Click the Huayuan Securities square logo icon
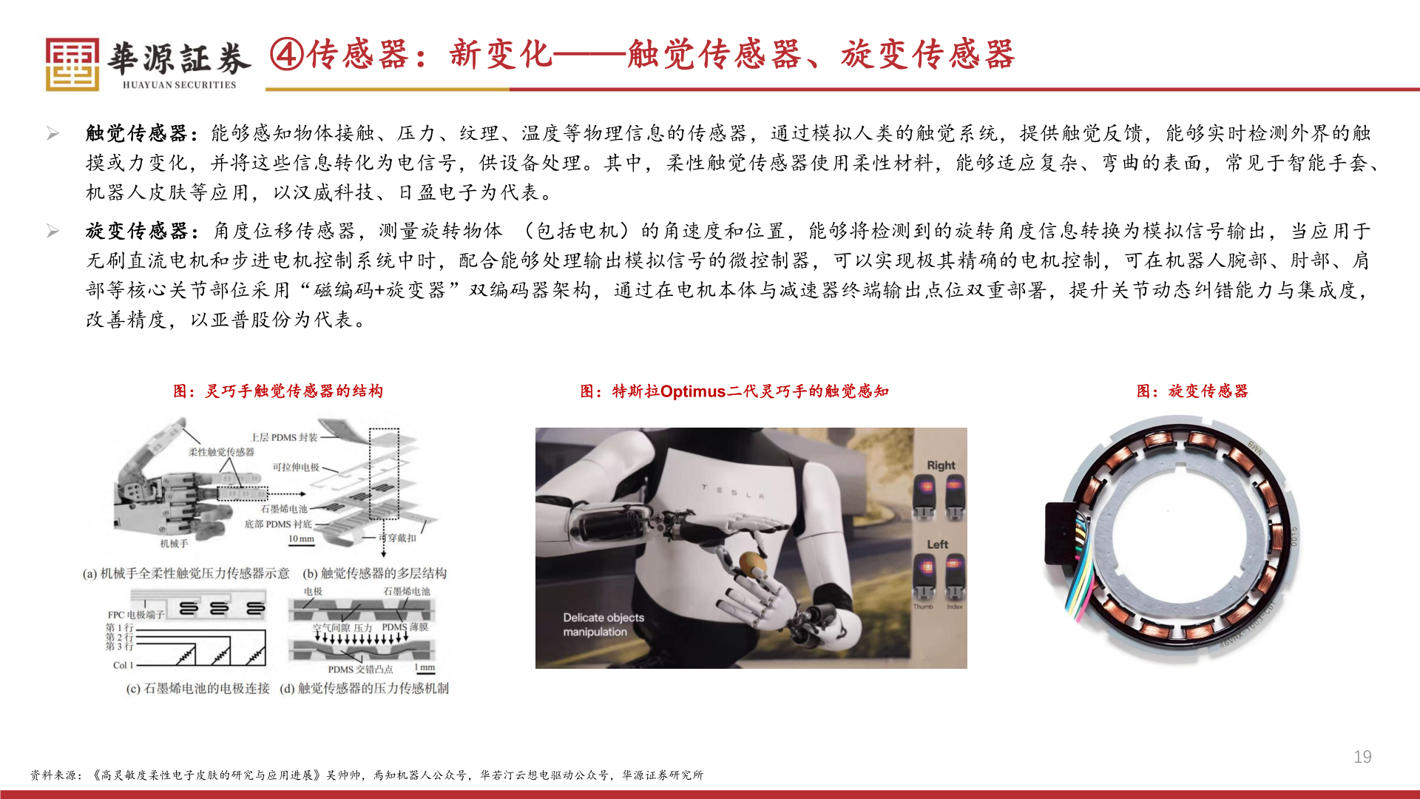pyautogui.click(x=72, y=64)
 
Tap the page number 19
pyautogui.click(x=1362, y=757)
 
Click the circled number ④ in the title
pyautogui.click(x=286, y=55)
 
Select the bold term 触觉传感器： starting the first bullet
pyautogui.click(x=141, y=133)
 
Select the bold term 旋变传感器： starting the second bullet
pyautogui.click(x=141, y=231)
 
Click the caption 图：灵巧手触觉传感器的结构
pyautogui.click(x=278, y=391)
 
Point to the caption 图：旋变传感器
pyautogui.click(x=1192, y=391)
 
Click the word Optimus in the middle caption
pyautogui.click(x=693, y=391)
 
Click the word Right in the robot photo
pyautogui.click(x=941, y=465)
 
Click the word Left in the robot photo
pyautogui.click(x=938, y=545)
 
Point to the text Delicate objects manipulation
pyautogui.click(x=603, y=624)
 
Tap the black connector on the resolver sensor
pyautogui.click(x=1062, y=533)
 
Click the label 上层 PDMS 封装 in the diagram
pyautogui.click(x=284, y=437)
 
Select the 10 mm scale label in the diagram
pyautogui.click(x=301, y=539)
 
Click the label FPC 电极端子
pyautogui.click(x=135, y=615)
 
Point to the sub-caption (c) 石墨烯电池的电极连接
pyautogui.click(x=197, y=688)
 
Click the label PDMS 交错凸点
pyautogui.click(x=360, y=669)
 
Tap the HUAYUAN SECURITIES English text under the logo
pyautogui.click(x=179, y=85)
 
